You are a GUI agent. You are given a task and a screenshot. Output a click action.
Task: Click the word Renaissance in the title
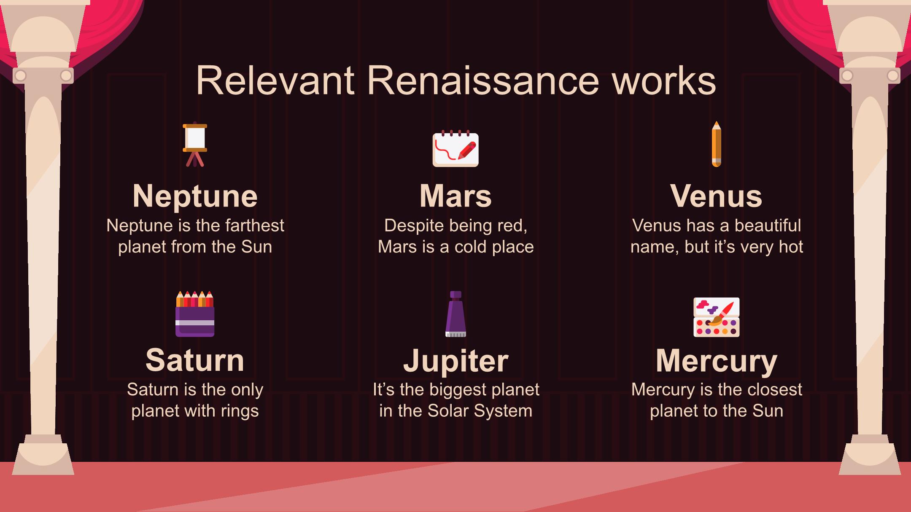click(483, 80)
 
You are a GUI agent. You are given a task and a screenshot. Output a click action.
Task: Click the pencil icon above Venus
click(716, 144)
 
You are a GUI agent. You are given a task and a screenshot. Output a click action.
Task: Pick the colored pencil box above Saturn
click(195, 314)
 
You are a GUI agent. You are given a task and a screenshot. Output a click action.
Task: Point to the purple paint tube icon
click(455, 314)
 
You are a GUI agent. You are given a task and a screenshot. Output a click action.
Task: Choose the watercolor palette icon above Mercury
click(717, 317)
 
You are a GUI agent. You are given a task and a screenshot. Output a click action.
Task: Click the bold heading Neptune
click(195, 196)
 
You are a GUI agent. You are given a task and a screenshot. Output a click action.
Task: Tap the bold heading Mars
click(455, 196)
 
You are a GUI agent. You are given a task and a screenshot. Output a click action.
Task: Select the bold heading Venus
click(716, 196)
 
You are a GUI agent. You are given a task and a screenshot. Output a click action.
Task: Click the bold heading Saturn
click(195, 361)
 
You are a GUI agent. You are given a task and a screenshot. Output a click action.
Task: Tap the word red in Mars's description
click(512, 226)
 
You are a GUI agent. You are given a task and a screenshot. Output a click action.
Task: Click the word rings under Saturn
click(240, 411)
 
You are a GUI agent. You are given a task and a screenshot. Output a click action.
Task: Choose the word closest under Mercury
click(775, 390)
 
